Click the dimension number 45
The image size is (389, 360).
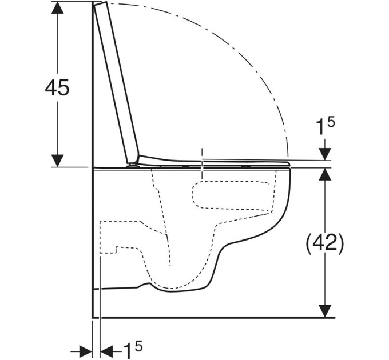point(57,87)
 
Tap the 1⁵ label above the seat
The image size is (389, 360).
point(326,126)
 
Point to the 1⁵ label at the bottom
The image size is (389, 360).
point(133,350)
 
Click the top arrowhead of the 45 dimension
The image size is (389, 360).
point(58,7)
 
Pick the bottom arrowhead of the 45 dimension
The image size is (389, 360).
point(58,161)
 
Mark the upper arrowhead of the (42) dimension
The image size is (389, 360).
point(325,174)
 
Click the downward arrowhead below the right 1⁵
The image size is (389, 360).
point(325,154)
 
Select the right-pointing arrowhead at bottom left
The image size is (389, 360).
point(86,351)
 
